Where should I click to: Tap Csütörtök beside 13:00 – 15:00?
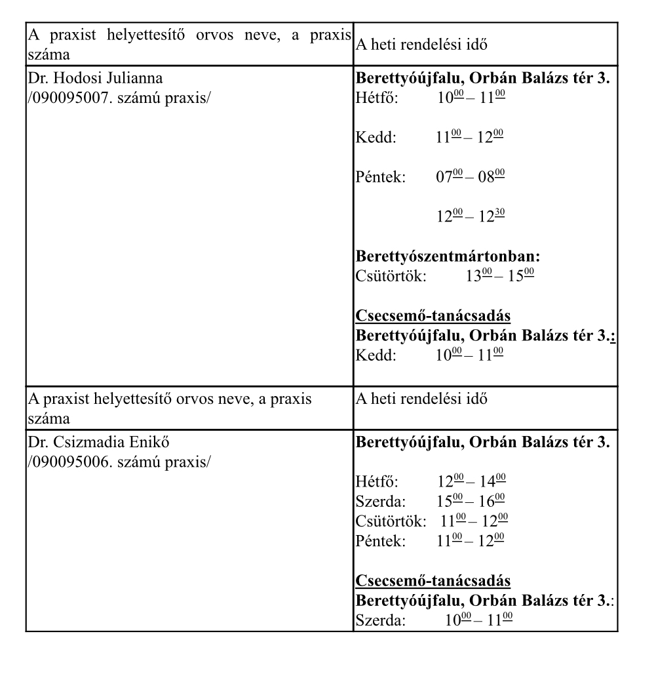pyautogui.click(x=391, y=275)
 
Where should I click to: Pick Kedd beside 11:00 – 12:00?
pyautogui.click(x=376, y=138)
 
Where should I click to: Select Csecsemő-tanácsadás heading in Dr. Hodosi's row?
pyautogui.click(x=433, y=316)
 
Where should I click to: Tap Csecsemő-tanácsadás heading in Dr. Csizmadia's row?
pyautogui.click(x=433, y=581)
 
